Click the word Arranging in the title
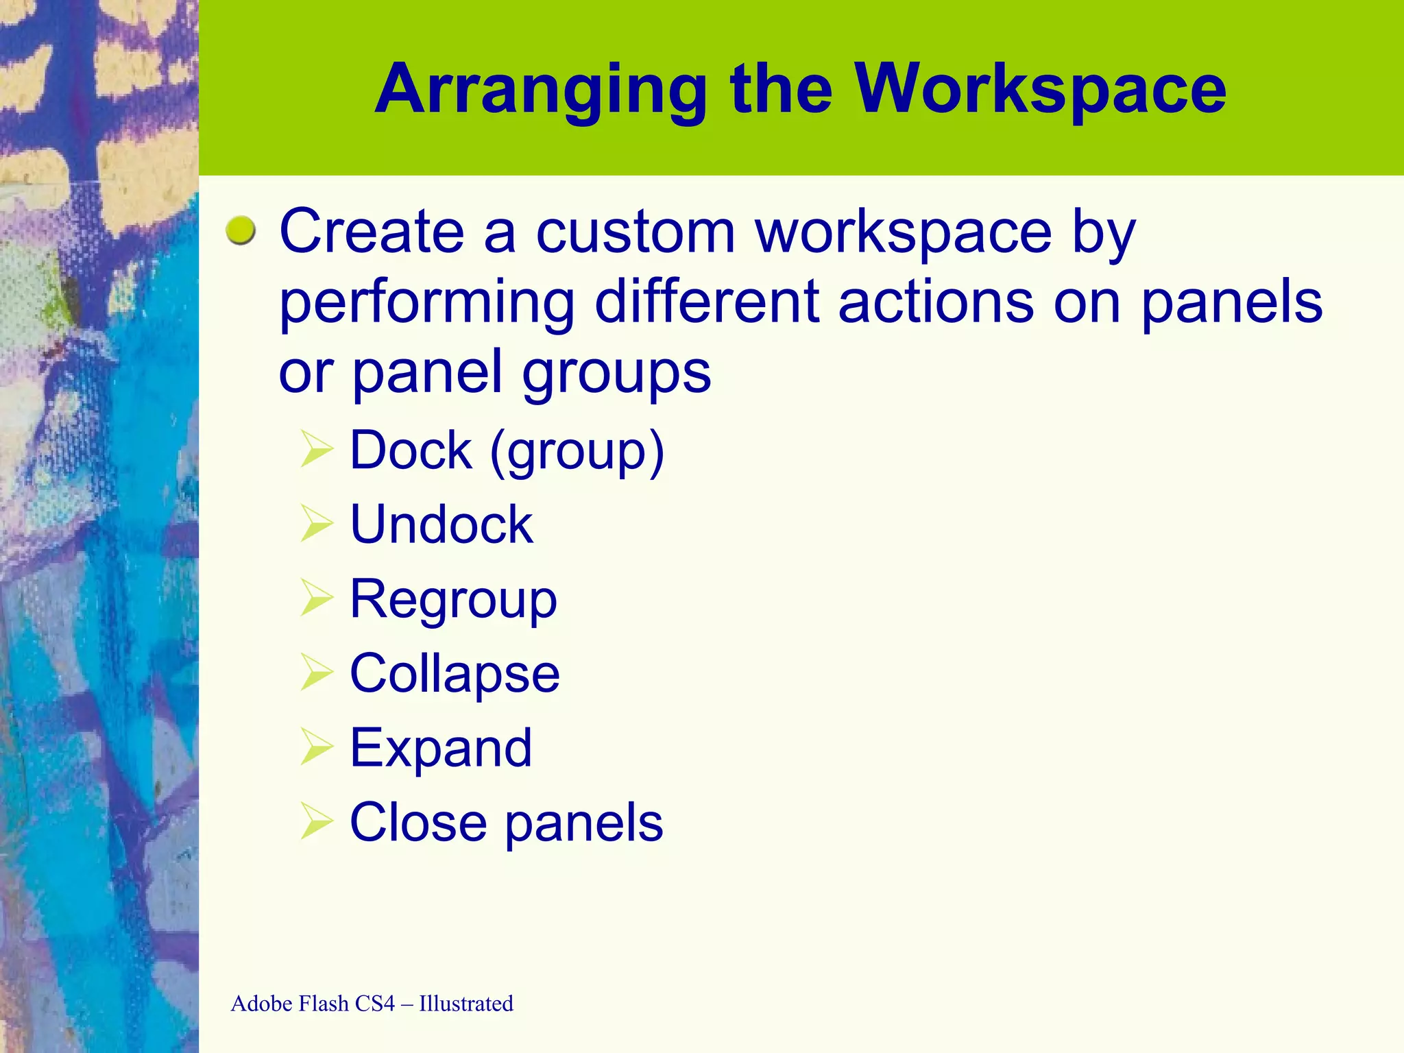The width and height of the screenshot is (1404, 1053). [541, 90]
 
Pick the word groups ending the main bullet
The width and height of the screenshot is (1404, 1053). [616, 374]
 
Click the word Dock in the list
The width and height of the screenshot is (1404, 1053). [411, 450]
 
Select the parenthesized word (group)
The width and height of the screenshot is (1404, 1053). [577, 452]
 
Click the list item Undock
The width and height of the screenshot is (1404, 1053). [441, 524]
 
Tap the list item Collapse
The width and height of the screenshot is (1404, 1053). [455, 674]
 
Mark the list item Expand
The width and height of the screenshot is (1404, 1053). [441, 749]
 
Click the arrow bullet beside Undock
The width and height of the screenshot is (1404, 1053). [316, 524]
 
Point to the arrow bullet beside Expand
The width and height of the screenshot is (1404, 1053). [316, 747]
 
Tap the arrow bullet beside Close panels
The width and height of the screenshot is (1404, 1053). [316, 822]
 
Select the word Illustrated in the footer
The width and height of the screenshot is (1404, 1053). [466, 1004]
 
